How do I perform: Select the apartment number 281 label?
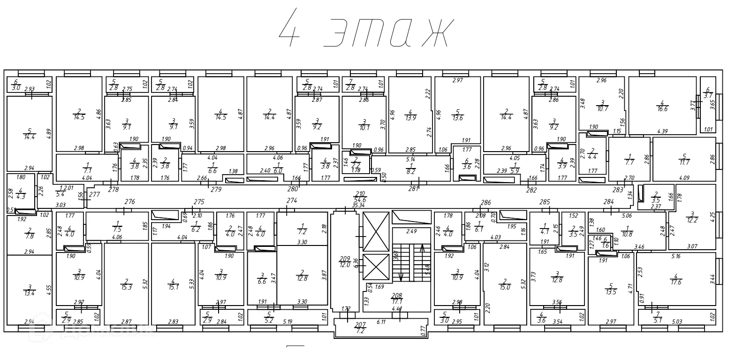413,189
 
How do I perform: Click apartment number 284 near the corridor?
609,202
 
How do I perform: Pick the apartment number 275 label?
199,202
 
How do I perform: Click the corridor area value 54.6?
360,200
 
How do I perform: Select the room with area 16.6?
662,106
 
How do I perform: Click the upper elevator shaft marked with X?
377,231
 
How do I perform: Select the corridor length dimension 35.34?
359,205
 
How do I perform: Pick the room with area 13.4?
29,290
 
